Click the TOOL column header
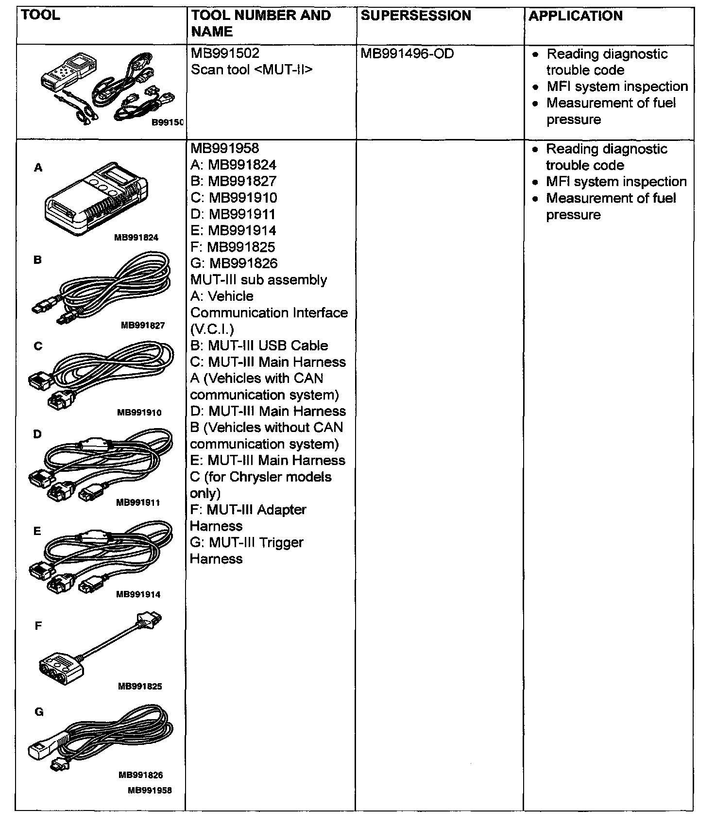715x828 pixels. tap(41, 15)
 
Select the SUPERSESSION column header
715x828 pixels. tap(416, 16)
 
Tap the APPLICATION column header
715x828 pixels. tap(576, 16)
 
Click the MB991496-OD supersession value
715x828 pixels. tap(407, 53)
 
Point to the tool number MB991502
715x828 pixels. tap(225, 53)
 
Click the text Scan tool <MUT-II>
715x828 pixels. tap(252, 70)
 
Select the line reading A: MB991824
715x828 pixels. tap(233, 165)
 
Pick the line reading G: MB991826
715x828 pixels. tap(234, 263)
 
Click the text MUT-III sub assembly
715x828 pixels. tap(258, 280)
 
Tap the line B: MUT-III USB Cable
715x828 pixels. tap(259, 345)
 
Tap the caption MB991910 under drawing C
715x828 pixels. tap(139, 413)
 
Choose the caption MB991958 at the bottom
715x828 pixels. tap(150, 791)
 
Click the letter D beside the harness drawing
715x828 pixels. tap(37, 434)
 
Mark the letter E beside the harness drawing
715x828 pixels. tap(37, 531)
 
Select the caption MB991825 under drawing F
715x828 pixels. tap(140, 687)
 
